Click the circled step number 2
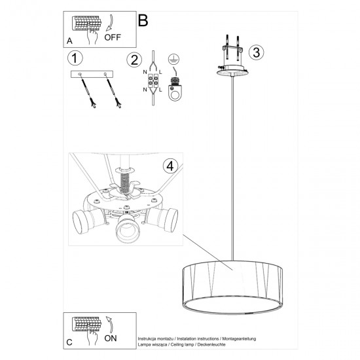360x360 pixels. pyautogui.click(x=135, y=60)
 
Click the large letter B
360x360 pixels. pyautogui.click(x=143, y=20)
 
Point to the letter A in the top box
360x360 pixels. pyautogui.click(x=70, y=40)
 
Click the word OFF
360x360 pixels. pyautogui.click(x=113, y=38)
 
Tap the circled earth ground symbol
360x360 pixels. pyautogui.click(x=174, y=59)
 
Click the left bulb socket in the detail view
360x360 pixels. pyautogui.click(x=84, y=221)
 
